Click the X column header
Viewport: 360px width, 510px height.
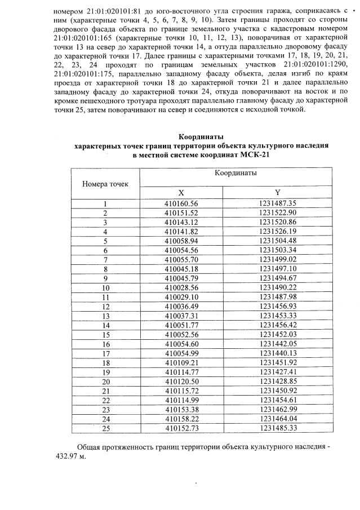[181, 192]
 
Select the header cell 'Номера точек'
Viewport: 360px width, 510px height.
[105, 184]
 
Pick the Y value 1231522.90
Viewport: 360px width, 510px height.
[278, 212]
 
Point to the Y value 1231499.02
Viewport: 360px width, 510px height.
[278, 260]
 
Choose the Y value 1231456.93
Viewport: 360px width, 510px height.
[278, 306]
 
